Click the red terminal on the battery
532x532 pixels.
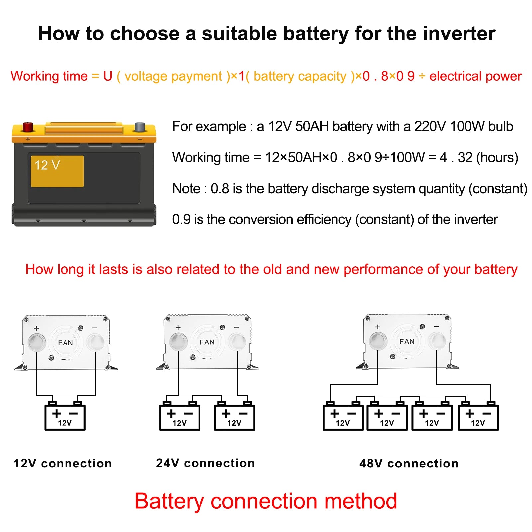click(x=28, y=127)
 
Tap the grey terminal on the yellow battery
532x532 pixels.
click(x=140, y=127)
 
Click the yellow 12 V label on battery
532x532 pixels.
click(x=57, y=171)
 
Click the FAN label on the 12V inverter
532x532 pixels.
click(x=66, y=343)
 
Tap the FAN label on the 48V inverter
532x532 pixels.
click(x=407, y=341)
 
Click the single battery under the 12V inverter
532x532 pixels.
click(x=65, y=417)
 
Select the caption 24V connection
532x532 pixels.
click(x=205, y=463)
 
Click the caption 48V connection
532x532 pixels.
click(x=409, y=463)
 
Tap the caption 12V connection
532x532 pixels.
click(x=63, y=463)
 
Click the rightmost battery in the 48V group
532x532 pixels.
click(x=478, y=417)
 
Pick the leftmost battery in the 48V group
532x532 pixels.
click(x=343, y=417)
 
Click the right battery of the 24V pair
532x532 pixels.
click(x=234, y=417)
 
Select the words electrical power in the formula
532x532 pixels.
click(x=475, y=76)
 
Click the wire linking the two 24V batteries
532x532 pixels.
click(x=207, y=396)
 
